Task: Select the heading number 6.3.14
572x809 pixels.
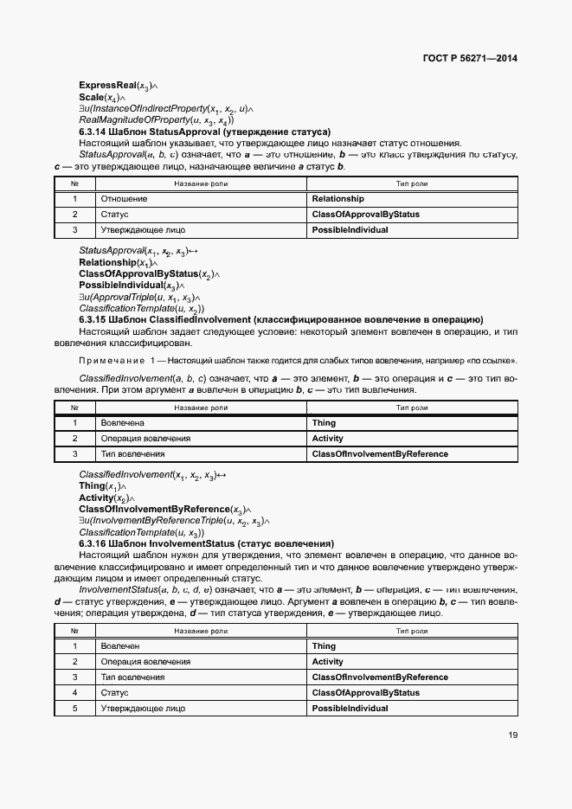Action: coord(94,132)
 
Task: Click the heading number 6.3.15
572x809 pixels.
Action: coord(94,319)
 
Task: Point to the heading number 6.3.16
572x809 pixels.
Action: coord(94,543)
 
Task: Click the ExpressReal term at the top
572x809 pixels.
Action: coord(107,86)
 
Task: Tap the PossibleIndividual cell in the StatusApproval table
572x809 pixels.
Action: coord(350,230)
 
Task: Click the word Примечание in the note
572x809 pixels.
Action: coord(113,360)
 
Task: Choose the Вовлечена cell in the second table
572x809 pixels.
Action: coord(122,423)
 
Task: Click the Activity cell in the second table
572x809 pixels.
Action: coord(328,439)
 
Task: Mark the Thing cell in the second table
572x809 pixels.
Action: coord(324,423)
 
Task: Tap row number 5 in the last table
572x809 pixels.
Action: coord(75,709)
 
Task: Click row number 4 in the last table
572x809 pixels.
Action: coord(75,693)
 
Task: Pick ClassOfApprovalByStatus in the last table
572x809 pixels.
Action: coord(365,693)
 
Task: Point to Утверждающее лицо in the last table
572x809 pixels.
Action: coord(143,709)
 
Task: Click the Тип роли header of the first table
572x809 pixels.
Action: coord(412,183)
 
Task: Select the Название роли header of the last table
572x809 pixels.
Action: coord(201,631)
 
